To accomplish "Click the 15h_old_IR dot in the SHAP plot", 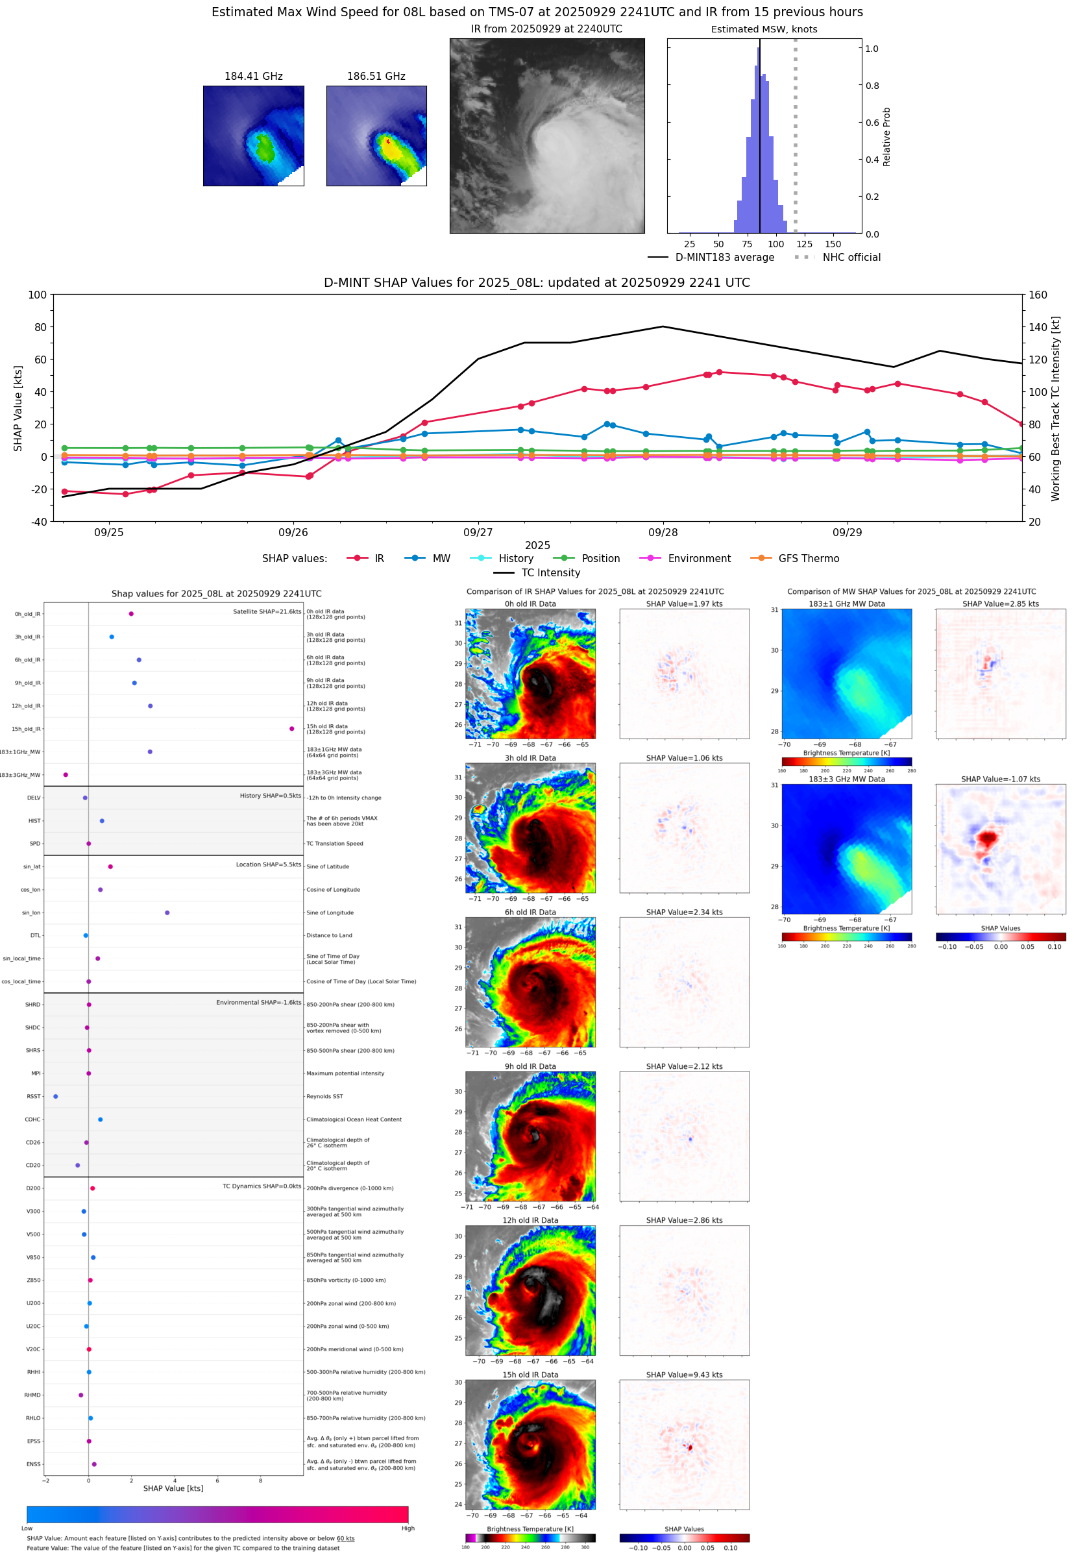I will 291,729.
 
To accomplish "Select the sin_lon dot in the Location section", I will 167,912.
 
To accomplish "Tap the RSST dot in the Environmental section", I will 55,1096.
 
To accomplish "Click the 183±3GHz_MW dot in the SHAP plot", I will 66,774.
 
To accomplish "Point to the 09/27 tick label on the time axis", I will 478,532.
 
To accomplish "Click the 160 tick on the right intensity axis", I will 1038,295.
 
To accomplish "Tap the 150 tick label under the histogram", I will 833,244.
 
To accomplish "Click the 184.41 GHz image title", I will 253,77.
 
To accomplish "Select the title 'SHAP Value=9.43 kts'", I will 684,1375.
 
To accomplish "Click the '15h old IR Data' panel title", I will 530,1375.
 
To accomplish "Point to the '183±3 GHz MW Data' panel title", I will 847,779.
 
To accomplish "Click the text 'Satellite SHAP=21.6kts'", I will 267,611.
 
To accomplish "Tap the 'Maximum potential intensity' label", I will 345,1073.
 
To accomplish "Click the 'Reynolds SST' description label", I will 324,1096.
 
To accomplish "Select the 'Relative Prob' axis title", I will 886,136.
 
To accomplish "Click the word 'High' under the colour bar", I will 408,1528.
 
